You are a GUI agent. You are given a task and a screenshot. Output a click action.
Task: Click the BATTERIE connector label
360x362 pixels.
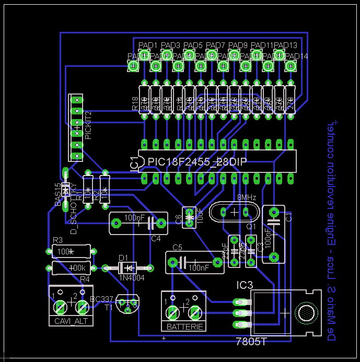coord(182,326)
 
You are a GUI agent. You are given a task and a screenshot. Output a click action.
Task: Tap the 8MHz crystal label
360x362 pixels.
coord(246,198)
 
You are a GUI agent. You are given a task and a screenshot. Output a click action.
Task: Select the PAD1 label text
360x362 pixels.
coord(148,45)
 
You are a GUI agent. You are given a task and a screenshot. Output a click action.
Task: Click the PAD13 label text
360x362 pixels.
coord(286,45)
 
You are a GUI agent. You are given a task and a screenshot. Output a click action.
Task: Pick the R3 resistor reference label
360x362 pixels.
coord(57,240)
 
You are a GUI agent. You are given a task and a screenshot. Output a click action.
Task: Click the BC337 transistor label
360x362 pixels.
coord(101,299)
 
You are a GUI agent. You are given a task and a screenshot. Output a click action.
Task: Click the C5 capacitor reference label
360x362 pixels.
coord(177,247)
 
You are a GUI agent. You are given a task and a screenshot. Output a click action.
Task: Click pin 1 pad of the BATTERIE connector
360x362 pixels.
coord(172,312)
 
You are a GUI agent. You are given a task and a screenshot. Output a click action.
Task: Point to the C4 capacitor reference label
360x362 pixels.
coord(156,239)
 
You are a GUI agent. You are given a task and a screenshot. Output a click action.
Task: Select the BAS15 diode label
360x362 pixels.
coord(58,195)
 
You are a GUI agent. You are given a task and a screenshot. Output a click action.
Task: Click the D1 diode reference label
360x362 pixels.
coord(123,258)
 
